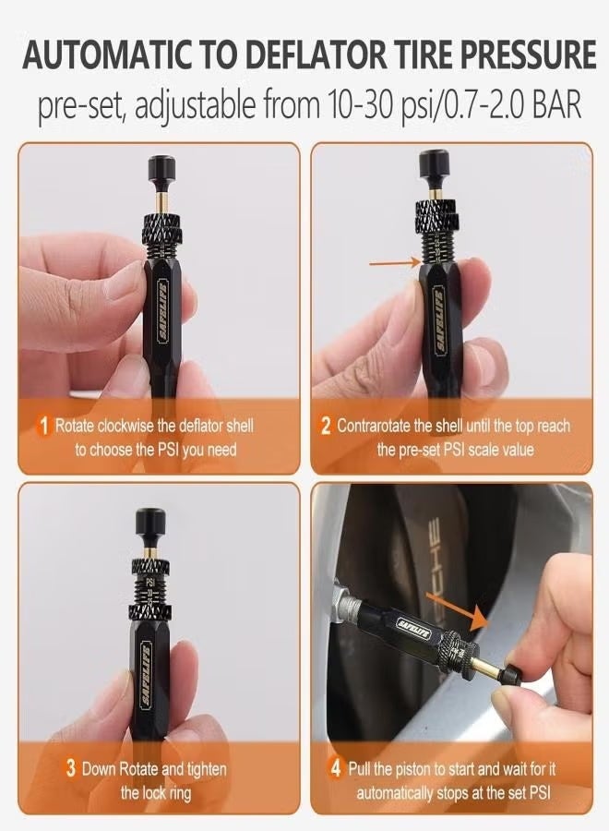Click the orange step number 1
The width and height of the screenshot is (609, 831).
pos(42,427)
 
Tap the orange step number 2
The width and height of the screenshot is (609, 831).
pos(325,427)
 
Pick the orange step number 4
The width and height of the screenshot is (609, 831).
pos(335,769)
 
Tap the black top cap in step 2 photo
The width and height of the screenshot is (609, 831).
pos(435,167)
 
